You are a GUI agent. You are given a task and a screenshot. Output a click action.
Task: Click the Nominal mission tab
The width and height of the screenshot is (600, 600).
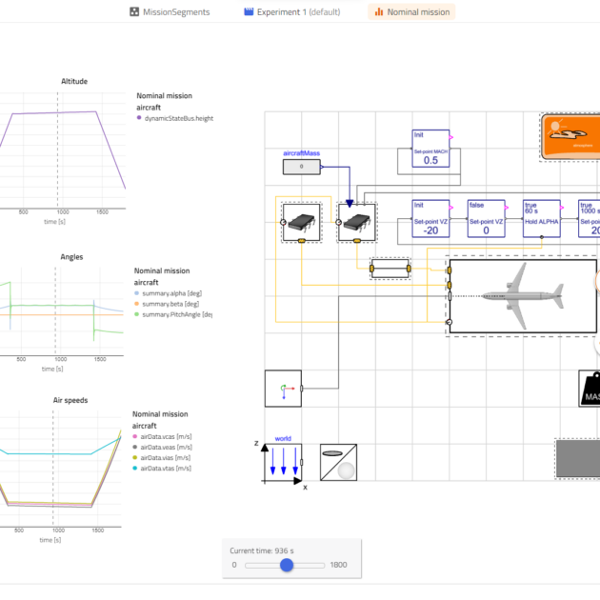click(411, 12)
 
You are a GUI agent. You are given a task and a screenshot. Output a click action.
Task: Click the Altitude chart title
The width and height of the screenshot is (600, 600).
click(73, 81)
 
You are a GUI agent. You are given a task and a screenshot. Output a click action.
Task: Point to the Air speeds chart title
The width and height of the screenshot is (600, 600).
click(69, 400)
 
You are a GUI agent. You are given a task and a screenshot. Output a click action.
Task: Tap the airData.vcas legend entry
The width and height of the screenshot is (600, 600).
click(170, 434)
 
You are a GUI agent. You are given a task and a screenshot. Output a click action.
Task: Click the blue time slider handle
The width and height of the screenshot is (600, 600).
click(287, 565)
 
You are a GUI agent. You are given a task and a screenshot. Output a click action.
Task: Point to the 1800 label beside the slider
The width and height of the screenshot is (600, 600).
click(338, 565)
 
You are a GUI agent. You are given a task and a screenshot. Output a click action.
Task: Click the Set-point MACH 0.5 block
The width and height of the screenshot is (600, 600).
click(430, 149)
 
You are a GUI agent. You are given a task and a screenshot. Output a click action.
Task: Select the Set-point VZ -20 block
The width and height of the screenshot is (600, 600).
click(430, 219)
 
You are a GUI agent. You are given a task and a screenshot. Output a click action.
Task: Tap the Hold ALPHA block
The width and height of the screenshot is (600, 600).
click(541, 219)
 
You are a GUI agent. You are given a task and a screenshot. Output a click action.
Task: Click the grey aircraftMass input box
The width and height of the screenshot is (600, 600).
click(302, 168)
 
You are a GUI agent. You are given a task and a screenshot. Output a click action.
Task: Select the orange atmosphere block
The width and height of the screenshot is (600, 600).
click(570, 136)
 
